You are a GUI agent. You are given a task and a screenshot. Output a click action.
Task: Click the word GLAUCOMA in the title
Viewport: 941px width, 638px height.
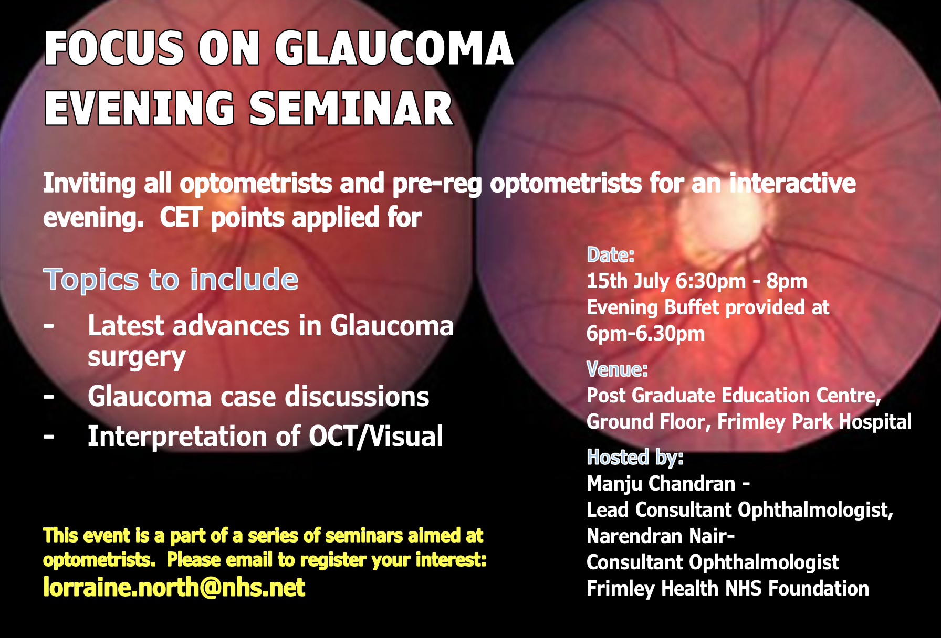pos(394,48)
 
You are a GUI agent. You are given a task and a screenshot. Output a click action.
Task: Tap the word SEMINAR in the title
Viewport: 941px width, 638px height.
pos(351,109)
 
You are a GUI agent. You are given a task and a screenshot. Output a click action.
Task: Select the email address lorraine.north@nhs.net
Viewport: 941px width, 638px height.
pos(174,587)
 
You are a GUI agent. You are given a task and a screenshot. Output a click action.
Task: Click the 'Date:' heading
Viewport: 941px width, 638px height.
pos(611,255)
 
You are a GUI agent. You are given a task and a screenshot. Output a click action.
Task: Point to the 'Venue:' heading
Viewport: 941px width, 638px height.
pos(617,369)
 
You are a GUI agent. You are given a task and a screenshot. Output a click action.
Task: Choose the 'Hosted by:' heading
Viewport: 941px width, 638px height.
pos(635,458)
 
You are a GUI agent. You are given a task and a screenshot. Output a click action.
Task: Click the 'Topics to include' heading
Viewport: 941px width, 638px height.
pos(171,279)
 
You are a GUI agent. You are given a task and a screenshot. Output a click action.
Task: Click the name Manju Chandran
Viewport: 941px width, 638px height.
pos(661,484)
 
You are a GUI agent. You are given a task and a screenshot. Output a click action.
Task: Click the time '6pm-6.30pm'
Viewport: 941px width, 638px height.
pos(645,334)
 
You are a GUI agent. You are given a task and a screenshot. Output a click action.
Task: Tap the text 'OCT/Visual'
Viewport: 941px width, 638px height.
pos(376,437)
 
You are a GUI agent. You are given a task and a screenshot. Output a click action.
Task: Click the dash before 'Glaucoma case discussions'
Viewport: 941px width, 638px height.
pos(49,397)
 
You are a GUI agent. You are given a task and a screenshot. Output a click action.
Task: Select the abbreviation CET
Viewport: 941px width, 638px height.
pos(181,218)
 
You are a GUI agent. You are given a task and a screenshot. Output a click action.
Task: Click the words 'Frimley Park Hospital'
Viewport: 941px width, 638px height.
pos(814,422)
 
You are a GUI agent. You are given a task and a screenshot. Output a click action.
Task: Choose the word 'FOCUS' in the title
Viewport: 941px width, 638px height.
pos(114,48)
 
